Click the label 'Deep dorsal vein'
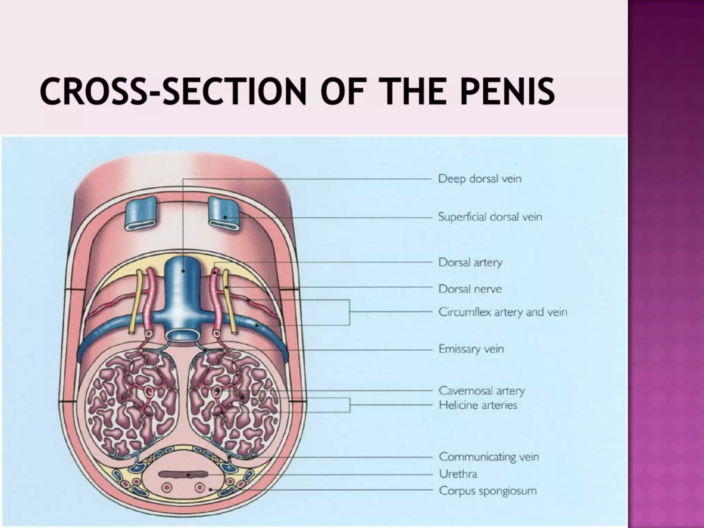(x=480, y=179)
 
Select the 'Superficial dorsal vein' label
(x=490, y=217)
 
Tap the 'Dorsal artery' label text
(x=470, y=262)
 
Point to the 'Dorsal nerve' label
(x=470, y=289)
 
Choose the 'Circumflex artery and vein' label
(x=503, y=312)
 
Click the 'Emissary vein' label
(x=471, y=349)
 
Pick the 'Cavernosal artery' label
(x=482, y=390)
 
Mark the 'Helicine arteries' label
(x=478, y=405)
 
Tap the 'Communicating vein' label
(x=489, y=457)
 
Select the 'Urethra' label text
(x=458, y=474)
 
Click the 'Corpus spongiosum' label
(x=487, y=491)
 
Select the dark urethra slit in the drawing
(x=184, y=475)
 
